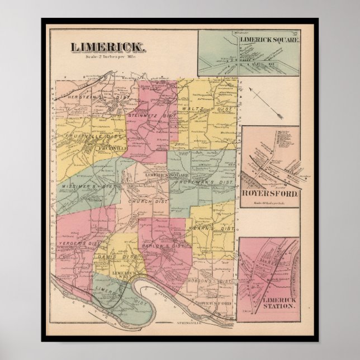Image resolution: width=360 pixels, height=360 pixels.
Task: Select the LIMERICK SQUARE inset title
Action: pos(270,41)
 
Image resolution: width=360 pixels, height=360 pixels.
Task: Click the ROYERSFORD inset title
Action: pos(269,196)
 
